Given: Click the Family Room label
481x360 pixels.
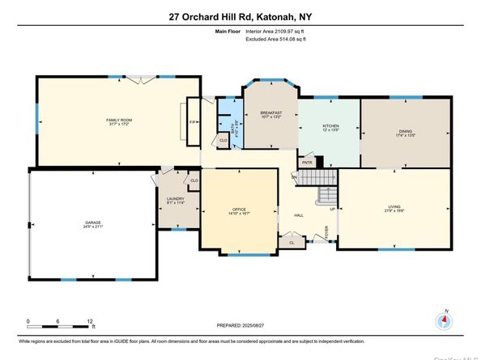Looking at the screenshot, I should (x=118, y=121).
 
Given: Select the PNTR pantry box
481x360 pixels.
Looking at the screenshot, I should (x=307, y=162).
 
